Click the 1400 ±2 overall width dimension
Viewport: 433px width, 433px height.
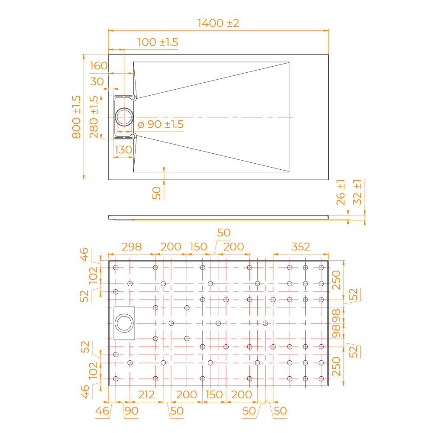point(218,23)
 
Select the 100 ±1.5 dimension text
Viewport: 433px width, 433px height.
point(158,42)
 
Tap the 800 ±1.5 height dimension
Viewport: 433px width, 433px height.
point(76,117)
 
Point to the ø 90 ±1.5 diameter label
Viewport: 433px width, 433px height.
point(161,124)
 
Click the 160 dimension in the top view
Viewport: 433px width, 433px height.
point(98,66)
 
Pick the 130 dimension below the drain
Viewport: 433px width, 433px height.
point(123,150)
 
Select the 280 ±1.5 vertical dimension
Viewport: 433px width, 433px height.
point(94,117)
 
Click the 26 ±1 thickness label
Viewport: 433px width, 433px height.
point(340,193)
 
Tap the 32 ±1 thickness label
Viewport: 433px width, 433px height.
point(357,192)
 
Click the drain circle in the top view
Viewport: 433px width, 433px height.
point(124,108)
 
